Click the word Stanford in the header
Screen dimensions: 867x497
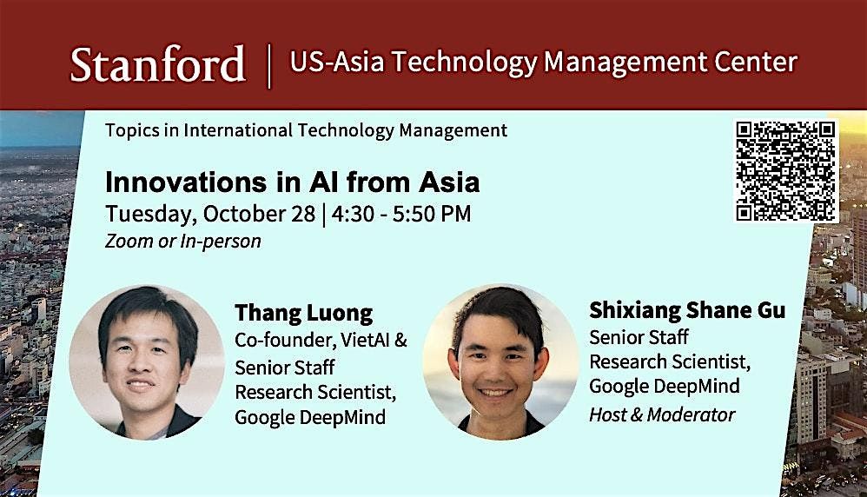[x=157, y=64]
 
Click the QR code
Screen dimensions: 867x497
[x=785, y=171]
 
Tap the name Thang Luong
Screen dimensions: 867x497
[x=303, y=314]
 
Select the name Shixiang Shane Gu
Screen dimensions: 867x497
[x=687, y=310]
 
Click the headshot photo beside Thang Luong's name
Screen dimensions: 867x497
[x=147, y=362]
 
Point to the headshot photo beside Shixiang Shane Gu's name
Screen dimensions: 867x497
[x=500, y=362]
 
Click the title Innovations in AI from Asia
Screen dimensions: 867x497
[x=292, y=182]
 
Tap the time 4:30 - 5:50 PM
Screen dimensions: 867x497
[x=401, y=214]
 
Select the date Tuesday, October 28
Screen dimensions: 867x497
[x=210, y=215]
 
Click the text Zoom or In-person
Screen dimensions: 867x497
[x=183, y=241]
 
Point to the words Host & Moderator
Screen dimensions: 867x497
[x=662, y=414]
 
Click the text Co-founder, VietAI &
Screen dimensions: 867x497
[x=321, y=340]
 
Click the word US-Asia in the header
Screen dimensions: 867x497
[x=337, y=62]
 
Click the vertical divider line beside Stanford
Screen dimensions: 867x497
[x=269, y=66]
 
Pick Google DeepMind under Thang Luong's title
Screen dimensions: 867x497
[x=310, y=417]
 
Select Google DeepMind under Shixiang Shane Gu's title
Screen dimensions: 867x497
[x=664, y=386]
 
